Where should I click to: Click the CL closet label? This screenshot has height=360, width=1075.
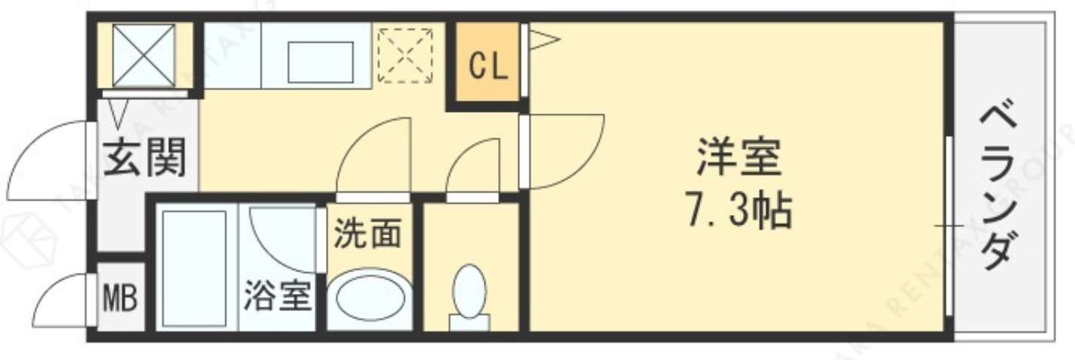[x=489, y=67]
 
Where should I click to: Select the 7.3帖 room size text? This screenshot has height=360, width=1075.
[x=739, y=212]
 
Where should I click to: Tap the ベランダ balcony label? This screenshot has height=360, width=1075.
[x=1001, y=189]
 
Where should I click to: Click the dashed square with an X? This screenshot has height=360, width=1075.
[x=406, y=55]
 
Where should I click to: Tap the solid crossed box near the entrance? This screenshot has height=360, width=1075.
[x=143, y=55]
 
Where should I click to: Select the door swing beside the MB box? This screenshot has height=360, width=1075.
[x=64, y=301]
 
